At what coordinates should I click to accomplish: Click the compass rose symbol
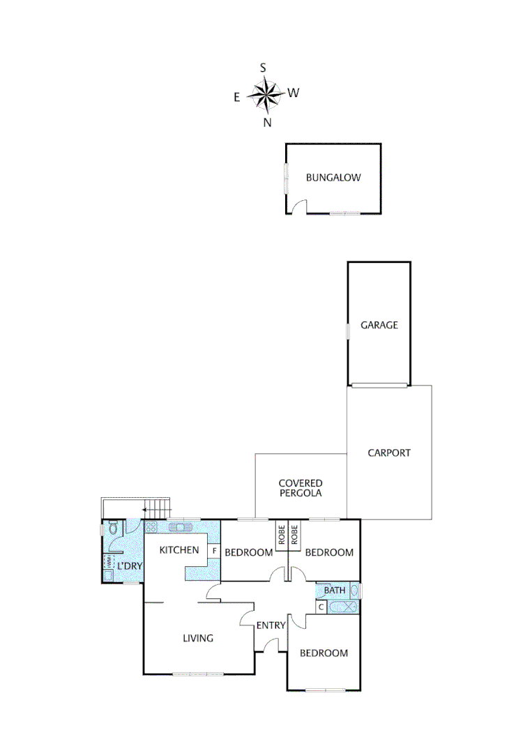(x=265, y=95)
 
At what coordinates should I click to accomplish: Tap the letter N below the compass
(x=267, y=123)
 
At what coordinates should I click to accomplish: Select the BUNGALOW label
(x=333, y=178)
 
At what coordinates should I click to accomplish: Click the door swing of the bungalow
(x=298, y=206)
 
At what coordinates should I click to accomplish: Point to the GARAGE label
(x=379, y=325)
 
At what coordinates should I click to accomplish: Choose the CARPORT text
(x=389, y=452)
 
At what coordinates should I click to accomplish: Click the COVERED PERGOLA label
(x=301, y=488)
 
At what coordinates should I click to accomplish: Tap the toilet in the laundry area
(x=114, y=531)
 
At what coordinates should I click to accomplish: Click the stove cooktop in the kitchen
(x=151, y=528)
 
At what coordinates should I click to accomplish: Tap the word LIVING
(x=198, y=638)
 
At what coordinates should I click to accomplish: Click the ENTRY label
(x=271, y=625)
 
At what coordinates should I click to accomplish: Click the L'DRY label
(x=130, y=565)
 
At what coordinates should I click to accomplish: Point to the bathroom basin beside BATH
(x=354, y=591)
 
